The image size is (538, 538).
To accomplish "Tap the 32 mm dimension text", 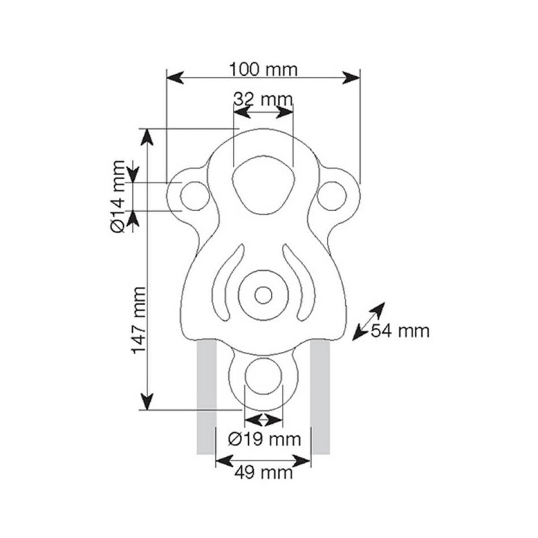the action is click(263, 100).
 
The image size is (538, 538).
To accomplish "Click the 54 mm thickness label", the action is click(400, 331).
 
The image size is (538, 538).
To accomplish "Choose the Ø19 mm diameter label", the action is click(265, 439).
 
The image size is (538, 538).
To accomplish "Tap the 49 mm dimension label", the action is click(263, 473).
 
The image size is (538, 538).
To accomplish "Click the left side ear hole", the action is click(195, 196).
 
